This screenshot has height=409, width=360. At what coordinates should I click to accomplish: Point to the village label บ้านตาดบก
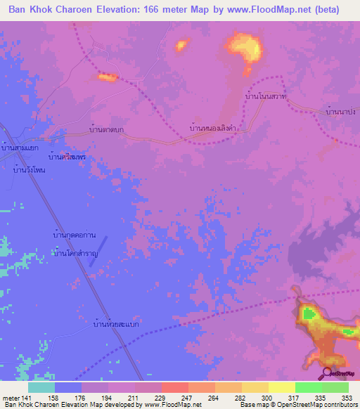(108, 129)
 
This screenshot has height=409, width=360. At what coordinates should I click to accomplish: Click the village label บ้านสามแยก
(20, 148)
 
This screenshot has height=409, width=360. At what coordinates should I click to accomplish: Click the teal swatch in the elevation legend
(41, 387)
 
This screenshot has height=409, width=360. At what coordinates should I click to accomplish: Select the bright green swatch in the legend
(308, 387)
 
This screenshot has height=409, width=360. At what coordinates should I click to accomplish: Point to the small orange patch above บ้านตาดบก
(107, 77)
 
